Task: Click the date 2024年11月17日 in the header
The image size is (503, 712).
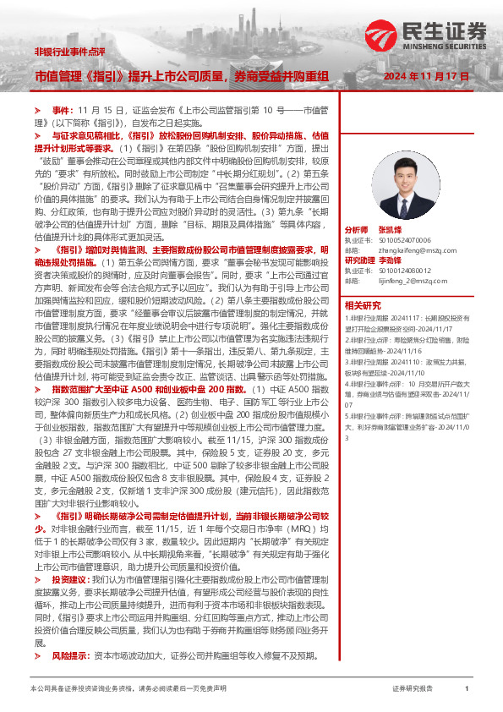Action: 427,76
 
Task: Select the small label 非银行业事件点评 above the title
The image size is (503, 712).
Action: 69,52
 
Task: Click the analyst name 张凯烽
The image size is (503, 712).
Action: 391,230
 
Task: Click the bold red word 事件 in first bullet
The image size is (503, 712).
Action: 63,111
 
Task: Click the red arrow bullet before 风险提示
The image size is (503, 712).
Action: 38,655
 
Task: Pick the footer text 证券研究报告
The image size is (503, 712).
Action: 413,690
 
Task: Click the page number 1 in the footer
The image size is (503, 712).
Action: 467,690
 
